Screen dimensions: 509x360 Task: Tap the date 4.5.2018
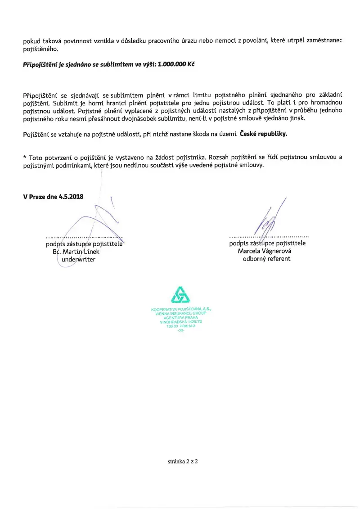(x=71, y=197)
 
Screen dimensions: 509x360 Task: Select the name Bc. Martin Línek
(x=76, y=252)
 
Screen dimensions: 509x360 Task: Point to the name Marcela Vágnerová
(x=265, y=251)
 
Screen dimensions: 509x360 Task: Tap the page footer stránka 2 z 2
(x=180, y=461)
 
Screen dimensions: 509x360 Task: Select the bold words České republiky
(x=263, y=134)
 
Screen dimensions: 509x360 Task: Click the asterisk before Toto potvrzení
(x=25, y=158)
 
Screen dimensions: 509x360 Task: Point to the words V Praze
(x=34, y=197)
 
